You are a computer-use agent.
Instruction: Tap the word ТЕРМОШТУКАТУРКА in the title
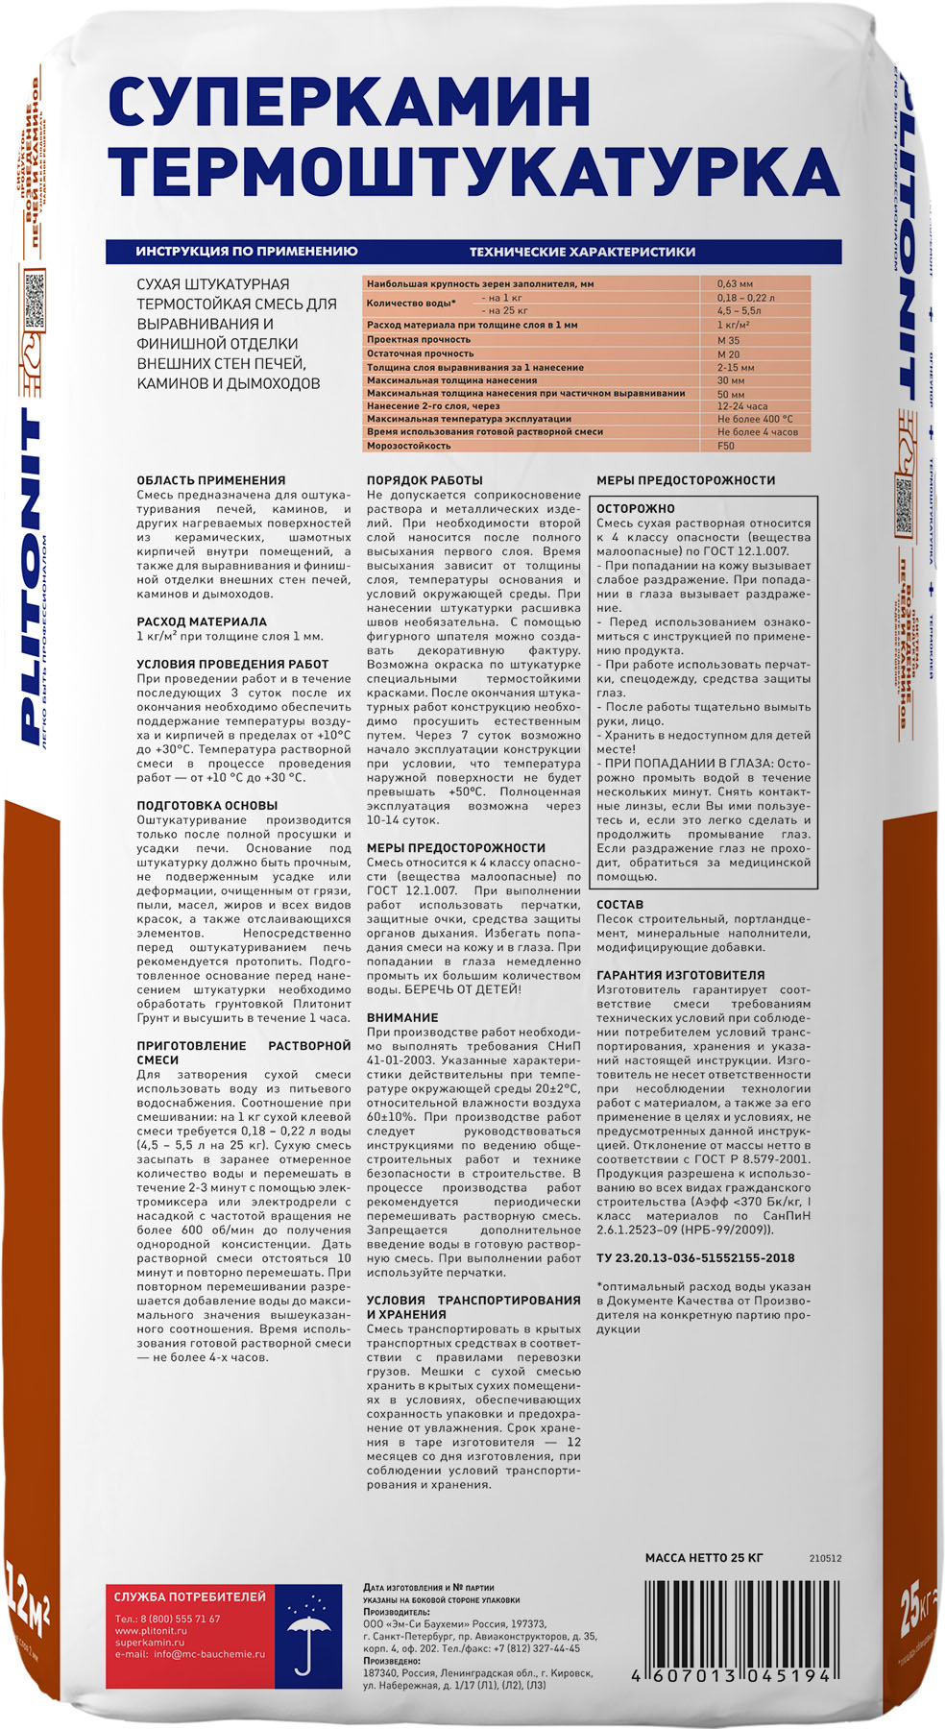(473, 171)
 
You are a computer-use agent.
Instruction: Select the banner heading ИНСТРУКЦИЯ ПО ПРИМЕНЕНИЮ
(246, 252)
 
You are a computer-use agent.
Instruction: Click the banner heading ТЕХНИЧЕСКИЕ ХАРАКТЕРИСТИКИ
(582, 252)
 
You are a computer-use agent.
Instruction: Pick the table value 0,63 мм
(735, 284)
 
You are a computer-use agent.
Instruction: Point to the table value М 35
(728, 340)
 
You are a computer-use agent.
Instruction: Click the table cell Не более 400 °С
(755, 419)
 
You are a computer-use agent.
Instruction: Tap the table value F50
(725, 446)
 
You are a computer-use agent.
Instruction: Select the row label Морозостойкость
(408, 446)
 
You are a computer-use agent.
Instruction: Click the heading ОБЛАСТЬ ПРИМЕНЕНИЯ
(211, 480)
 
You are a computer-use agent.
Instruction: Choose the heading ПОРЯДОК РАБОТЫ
(424, 480)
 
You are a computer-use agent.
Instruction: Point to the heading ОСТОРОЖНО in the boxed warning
(636, 509)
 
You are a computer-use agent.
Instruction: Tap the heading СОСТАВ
(619, 905)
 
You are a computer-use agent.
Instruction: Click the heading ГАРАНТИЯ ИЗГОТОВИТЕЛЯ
(681, 975)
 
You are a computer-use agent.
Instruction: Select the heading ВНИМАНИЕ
(402, 1017)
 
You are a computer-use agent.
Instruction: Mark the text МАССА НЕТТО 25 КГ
(704, 1558)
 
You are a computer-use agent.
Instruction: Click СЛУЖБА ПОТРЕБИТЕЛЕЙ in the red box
(190, 1596)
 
